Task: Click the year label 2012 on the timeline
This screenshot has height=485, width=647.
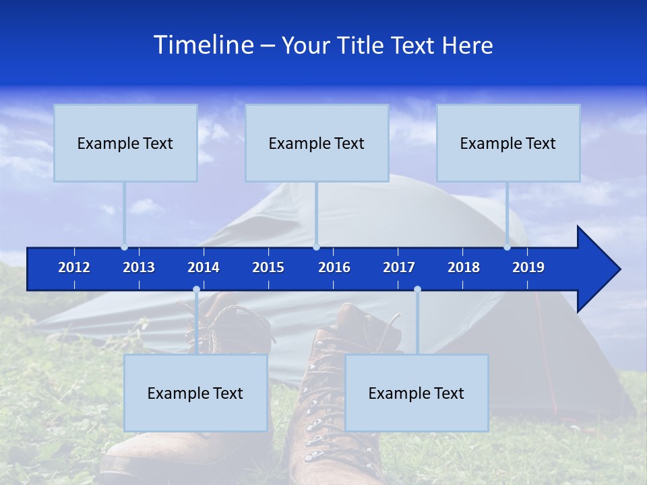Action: [74, 267]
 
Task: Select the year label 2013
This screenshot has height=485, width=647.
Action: [139, 267]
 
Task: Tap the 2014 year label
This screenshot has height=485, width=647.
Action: [204, 267]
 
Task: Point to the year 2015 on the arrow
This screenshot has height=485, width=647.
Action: [268, 267]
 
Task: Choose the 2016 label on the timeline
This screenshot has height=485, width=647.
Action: [334, 267]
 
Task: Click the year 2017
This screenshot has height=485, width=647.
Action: [399, 267]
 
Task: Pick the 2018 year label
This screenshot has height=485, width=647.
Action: [464, 267]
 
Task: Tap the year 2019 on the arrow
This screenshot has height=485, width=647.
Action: [528, 267]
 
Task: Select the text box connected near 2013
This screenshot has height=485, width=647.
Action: [125, 143]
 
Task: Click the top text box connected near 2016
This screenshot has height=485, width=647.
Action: [317, 143]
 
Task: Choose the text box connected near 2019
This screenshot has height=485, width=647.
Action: [508, 143]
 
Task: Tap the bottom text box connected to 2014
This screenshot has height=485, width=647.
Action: [195, 393]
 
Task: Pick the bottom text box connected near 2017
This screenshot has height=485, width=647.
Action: [417, 393]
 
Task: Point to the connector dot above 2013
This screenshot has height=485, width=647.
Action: [124, 247]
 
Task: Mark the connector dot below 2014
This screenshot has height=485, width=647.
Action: [196, 290]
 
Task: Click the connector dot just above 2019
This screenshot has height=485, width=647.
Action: [507, 247]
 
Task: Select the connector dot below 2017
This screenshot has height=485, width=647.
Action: [417, 290]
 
